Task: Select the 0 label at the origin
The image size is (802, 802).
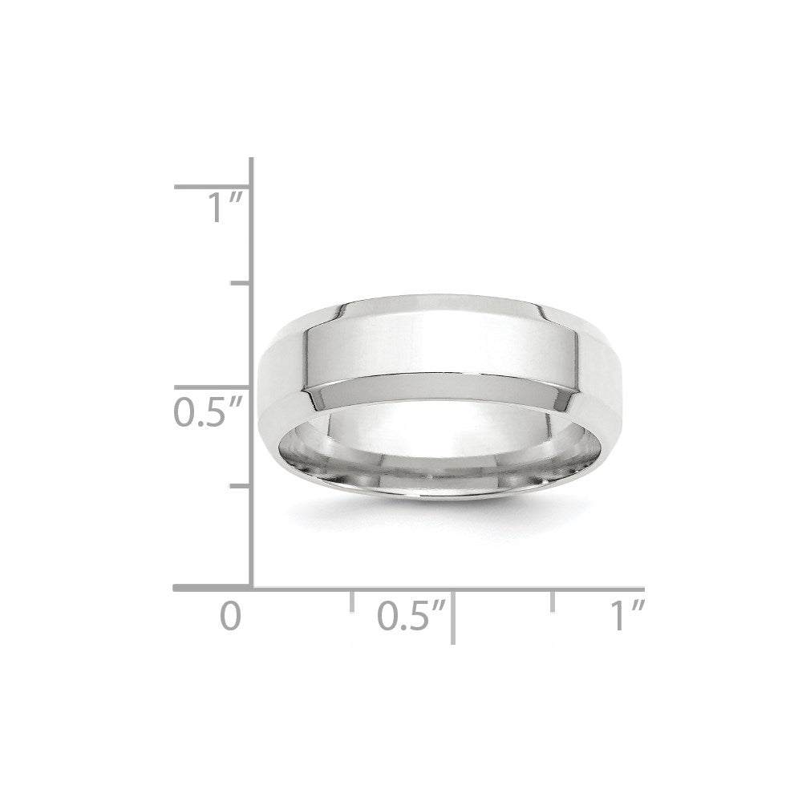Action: click(230, 616)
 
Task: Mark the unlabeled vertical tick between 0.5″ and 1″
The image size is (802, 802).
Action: click(241, 284)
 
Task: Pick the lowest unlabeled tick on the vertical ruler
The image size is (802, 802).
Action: click(241, 486)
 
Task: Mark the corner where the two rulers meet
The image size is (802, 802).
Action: click(252, 589)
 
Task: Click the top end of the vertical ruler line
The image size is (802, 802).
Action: click(252, 160)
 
